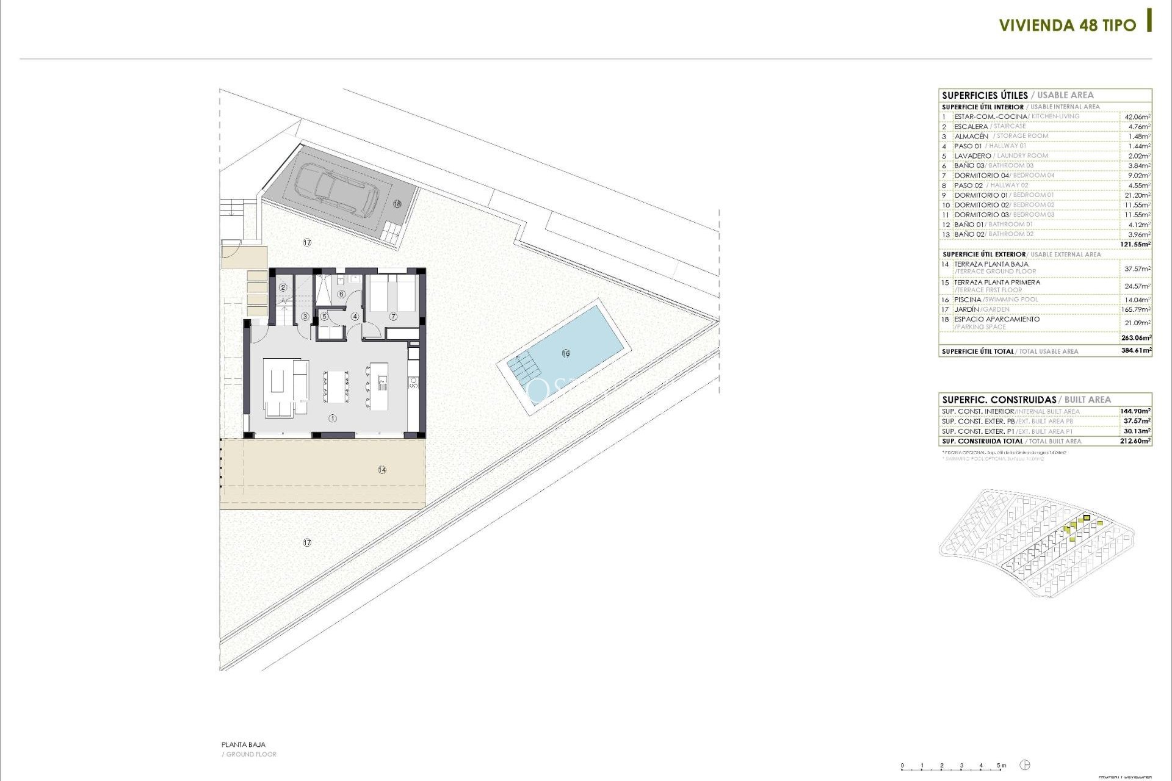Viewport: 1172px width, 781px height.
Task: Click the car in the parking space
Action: coord(338,190)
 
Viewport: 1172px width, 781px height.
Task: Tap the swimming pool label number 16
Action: coord(566,353)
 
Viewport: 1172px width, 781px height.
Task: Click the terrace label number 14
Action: coord(382,470)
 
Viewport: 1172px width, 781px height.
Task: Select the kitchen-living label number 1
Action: coord(333,419)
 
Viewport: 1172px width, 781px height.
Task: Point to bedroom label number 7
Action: coord(393,317)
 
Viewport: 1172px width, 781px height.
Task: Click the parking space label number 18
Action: coord(397,204)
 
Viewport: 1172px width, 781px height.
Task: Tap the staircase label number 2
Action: coord(283,287)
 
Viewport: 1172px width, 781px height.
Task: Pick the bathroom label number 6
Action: coord(341,295)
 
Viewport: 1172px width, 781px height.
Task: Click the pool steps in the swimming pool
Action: coord(523,366)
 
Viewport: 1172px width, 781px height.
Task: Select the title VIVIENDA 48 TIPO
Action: coord(1067,25)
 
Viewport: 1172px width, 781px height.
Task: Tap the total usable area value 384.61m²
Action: coord(1135,351)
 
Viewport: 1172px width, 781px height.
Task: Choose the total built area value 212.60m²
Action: coord(1135,441)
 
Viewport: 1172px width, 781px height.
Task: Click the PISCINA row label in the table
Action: coord(968,300)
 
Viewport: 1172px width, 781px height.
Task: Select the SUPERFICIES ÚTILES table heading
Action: coord(985,95)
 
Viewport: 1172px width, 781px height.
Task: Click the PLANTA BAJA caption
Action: coord(244,744)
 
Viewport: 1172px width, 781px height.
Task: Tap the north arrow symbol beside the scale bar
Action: coord(1025,765)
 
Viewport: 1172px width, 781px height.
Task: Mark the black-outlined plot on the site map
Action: coord(1087,518)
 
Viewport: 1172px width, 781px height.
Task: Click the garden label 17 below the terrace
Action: coord(307,542)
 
